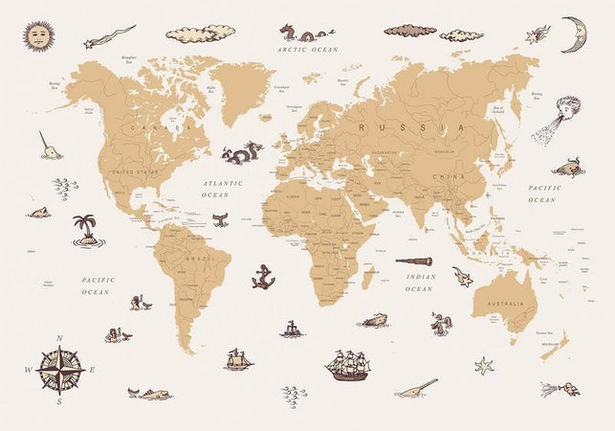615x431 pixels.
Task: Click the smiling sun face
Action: coord(36,35)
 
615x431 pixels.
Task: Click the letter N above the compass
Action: coord(59,338)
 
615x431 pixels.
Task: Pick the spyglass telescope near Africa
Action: coord(414,261)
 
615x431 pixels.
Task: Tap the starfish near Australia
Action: coord(484,365)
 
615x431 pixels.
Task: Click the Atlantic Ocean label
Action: coord(222,188)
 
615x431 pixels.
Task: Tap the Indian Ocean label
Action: coord(419,283)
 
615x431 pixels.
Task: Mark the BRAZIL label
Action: coord(199,260)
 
